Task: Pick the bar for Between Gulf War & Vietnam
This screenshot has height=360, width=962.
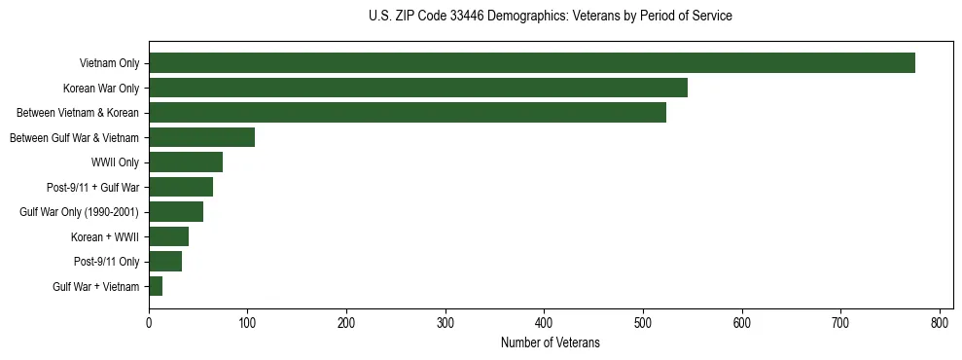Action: pos(201,137)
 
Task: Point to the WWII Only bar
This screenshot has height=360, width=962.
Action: pos(186,162)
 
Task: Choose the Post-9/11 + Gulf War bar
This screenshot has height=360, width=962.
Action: pos(181,187)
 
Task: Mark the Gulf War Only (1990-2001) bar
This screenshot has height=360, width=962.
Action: pos(176,212)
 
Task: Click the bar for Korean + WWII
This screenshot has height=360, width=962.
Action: pos(168,236)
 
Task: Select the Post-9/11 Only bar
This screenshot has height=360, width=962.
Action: pos(165,262)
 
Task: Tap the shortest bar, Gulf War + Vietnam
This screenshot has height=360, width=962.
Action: pos(156,286)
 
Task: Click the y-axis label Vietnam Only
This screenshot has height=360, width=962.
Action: pos(109,63)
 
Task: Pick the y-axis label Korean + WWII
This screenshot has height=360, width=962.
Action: pos(105,236)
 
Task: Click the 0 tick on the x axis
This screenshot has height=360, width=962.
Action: pos(149,323)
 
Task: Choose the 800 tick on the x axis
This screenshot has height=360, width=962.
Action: pos(940,323)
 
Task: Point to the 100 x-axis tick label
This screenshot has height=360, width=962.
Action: pos(248,323)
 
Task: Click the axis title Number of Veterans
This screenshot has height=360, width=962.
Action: pos(550,343)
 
